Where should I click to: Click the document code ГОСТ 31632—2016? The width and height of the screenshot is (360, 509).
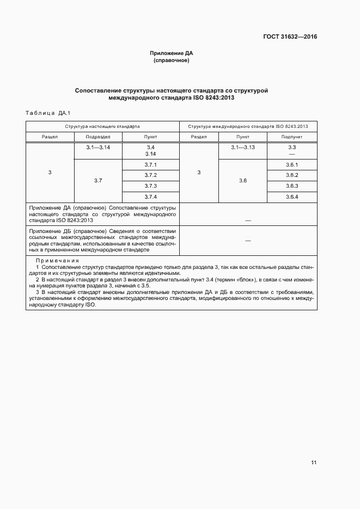[x=290, y=37]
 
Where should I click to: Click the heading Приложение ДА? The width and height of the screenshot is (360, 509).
[x=172, y=53]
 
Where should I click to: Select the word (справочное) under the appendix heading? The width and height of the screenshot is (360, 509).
[x=172, y=61]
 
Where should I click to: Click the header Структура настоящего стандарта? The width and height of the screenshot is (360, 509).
[x=102, y=126]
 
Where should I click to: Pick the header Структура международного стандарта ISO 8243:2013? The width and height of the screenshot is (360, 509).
[x=248, y=126]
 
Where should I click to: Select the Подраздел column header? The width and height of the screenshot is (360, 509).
[x=99, y=137]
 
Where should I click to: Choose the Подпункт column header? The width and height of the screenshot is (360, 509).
[x=292, y=137]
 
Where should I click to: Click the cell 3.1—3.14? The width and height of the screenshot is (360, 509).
[x=98, y=148]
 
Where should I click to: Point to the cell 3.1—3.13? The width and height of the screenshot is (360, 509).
[x=243, y=148]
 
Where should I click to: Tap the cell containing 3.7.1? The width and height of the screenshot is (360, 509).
[x=151, y=165]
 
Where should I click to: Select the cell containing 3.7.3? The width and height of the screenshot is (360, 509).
[x=151, y=186]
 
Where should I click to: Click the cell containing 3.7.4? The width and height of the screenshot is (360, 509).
[x=151, y=197]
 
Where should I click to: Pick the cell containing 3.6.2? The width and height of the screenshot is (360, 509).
[x=292, y=175]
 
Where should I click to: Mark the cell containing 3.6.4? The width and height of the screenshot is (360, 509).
[x=292, y=197]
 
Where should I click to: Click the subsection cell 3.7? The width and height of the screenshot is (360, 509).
[x=98, y=180]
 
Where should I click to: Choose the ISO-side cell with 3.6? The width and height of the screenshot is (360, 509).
[x=243, y=180]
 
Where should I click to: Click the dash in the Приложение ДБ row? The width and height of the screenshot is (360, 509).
[x=248, y=240]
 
